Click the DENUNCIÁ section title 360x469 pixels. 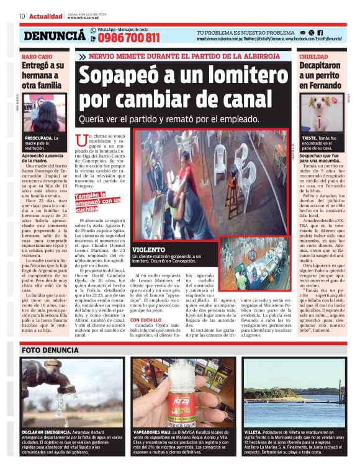[x=55, y=37]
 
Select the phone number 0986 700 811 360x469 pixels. [x=128, y=38]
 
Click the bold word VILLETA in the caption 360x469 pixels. [x=253, y=431]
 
